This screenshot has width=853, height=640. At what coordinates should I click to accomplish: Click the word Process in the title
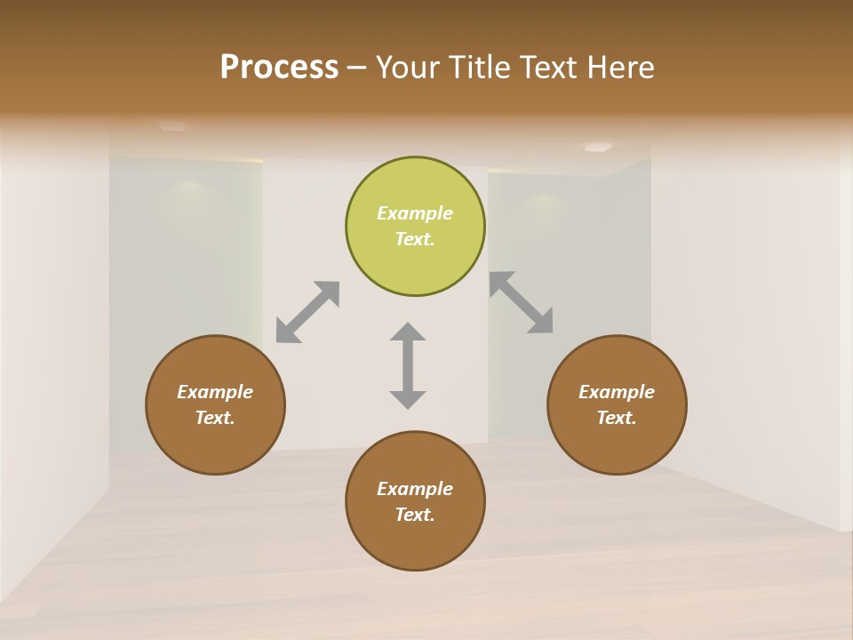(279, 68)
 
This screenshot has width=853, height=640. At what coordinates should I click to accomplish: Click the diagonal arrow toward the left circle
(307, 312)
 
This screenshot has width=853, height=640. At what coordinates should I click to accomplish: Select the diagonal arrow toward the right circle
(522, 302)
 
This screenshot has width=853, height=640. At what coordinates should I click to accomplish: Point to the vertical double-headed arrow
(408, 365)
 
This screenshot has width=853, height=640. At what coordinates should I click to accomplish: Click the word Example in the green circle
(415, 213)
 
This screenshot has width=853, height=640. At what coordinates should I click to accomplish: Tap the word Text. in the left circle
(215, 418)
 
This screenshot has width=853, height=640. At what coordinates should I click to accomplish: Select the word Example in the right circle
(617, 392)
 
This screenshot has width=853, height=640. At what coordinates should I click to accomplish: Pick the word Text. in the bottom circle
(415, 515)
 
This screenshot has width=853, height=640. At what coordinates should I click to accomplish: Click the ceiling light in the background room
(598, 147)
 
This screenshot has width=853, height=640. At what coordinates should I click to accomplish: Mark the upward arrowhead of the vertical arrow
(408, 332)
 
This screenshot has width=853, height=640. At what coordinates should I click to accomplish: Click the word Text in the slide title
(550, 68)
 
